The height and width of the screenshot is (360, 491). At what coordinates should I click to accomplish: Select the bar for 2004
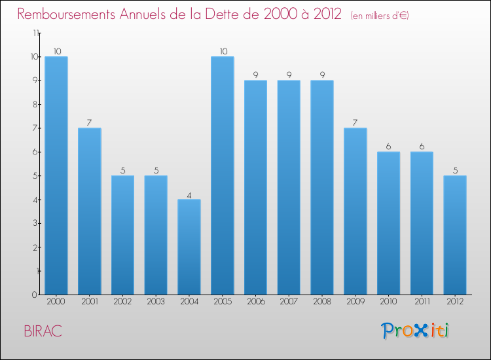pyautogui.click(x=189, y=247)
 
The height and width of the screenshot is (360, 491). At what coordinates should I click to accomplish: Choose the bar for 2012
pyautogui.click(x=455, y=235)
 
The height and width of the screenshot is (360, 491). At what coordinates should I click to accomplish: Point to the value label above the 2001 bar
pyautogui.click(x=90, y=122)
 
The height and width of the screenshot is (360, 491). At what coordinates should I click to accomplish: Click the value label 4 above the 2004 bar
pyautogui.click(x=189, y=194)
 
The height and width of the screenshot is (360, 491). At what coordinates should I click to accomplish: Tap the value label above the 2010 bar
pyautogui.click(x=389, y=146)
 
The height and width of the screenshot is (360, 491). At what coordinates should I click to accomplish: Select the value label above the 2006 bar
pyautogui.click(x=256, y=75)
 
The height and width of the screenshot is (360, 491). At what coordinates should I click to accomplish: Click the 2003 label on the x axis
pyautogui.click(x=156, y=302)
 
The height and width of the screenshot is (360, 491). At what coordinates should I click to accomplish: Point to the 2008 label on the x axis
pyautogui.click(x=322, y=302)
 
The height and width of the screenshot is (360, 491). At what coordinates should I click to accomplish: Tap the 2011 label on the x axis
pyautogui.click(x=422, y=302)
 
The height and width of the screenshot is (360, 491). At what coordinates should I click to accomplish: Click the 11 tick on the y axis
pyautogui.click(x=35, y=33)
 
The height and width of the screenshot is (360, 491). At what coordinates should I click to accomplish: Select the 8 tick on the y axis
pyautogui.click(x=37, y=104)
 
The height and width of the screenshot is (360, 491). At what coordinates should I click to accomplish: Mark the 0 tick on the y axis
pyautogui.click(x=37, y=295)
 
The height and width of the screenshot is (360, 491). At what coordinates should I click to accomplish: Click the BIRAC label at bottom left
pyautogui.click(x=43, y=331)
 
